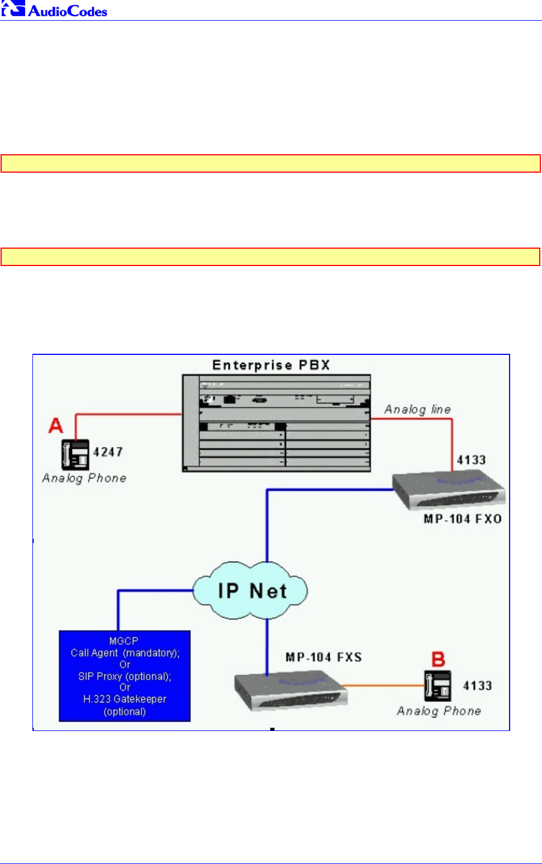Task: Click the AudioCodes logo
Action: (54, 10)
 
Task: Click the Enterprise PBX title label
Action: (271, 365)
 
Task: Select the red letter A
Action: (56, 426)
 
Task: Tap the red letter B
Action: (439, 659)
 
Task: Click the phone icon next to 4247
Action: (75, 454)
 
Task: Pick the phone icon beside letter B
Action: (438, 686)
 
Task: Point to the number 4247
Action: (108, 452)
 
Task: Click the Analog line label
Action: (417, 410)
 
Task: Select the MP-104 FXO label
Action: (463, 519)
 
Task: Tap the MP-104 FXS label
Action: (324, 657)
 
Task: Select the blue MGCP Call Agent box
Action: (125, 676)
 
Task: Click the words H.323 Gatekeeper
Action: (125, 699)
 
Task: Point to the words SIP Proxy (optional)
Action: (125, 676)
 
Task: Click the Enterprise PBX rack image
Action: (276, 423)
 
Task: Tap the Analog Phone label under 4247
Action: (84, 478)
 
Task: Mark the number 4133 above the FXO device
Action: (471, 460)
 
